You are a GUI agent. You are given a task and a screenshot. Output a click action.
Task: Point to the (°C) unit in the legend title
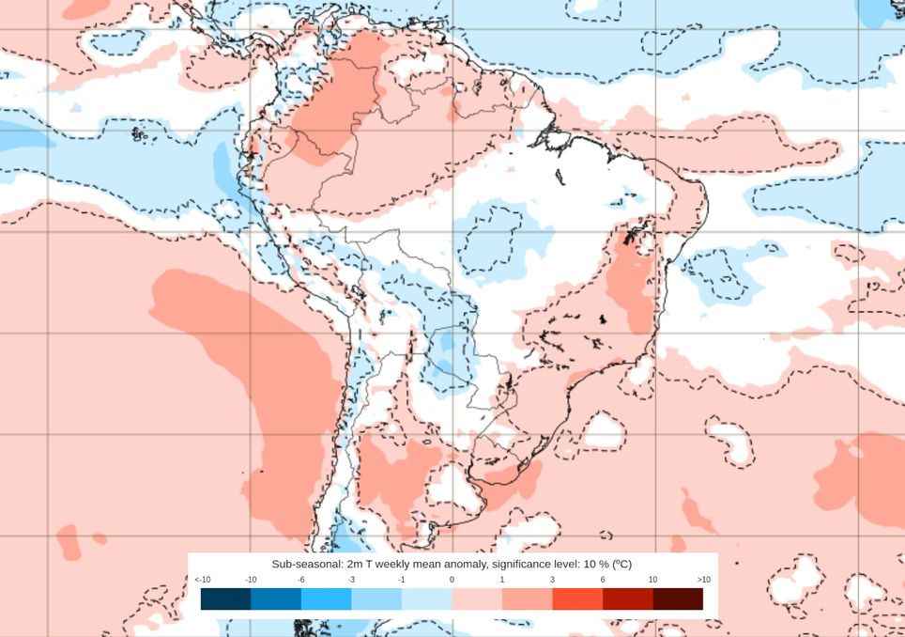tap(621, 564)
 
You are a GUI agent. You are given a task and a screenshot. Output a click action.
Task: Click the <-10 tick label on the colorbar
tap(202, 580)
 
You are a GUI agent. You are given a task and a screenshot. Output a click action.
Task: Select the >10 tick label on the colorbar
tap(703, 580)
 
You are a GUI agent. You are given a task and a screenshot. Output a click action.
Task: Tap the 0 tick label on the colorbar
tap(452, 580)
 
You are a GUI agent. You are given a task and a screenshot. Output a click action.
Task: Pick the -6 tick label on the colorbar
tap(301, 580)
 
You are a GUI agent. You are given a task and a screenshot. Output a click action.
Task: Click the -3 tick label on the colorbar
tap(351, 580)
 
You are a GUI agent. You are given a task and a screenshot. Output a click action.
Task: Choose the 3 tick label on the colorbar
tap(552, 580)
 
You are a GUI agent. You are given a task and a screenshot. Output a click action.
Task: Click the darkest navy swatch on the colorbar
tap(225, 598)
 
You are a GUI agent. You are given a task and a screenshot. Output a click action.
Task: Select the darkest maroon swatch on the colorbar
tap(678, 598)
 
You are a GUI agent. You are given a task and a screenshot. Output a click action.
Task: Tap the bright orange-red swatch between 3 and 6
tap(577, 598)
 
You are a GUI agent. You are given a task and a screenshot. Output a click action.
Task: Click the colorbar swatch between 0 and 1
tap(477, 598)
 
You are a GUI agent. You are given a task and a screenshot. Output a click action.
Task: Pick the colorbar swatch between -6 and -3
tap(326, 598)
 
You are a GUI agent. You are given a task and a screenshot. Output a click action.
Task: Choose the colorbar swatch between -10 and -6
tap(276, 598)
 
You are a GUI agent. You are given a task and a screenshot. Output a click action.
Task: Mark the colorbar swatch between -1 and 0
tap(426, 598)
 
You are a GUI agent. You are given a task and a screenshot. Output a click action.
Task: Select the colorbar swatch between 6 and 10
tap(627, 598)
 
